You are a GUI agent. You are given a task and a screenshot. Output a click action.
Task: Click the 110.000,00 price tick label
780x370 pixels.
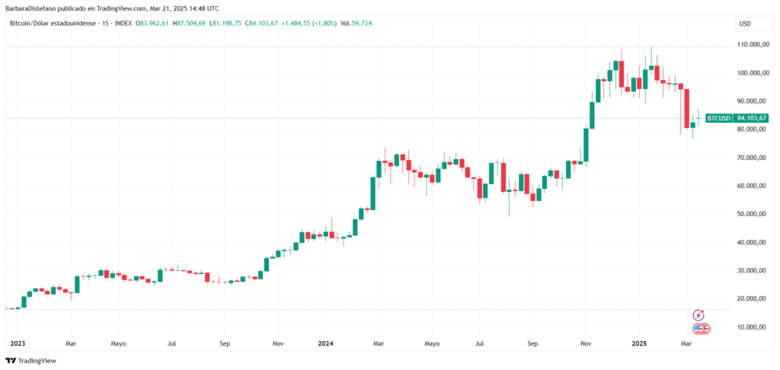coord(753,45)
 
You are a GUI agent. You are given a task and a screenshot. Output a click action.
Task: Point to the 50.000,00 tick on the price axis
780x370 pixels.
coord(752,214)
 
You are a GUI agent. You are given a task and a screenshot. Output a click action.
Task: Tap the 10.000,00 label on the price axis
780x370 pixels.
coord(752,327)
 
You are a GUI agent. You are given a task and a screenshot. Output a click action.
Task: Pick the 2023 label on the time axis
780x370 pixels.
coord(17,343)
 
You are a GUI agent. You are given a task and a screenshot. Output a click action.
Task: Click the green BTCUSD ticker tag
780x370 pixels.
coord(719,118)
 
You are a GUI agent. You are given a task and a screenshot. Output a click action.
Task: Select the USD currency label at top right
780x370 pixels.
coord(745,24)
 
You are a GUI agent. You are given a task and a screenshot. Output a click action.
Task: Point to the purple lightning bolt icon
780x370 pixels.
coord(698,314)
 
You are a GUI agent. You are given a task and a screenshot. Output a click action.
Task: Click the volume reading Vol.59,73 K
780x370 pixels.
coord(356,24)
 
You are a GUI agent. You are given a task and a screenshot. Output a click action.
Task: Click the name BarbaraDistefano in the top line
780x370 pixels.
coord(31,8)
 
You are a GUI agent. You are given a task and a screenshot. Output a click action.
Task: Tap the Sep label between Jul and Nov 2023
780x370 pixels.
coord(225,343)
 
